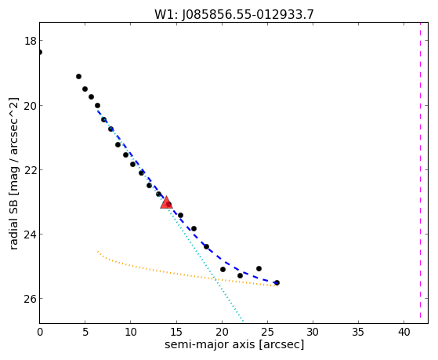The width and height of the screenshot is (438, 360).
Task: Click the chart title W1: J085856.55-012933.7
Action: click(234, 14)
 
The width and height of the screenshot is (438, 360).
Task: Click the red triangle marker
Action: click(166, 203)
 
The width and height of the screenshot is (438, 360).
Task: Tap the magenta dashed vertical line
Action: click(420, 170)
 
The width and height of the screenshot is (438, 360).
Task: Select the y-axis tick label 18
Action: click(31, 41)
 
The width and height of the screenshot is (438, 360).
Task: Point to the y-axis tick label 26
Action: click(31, 299)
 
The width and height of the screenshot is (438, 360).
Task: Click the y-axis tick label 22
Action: click(31, 170)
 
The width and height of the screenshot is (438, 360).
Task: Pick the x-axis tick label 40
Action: click(404, 332)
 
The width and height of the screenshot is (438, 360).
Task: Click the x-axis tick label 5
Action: click(85, 332)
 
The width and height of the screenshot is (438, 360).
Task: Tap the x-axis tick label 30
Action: click(313, 332)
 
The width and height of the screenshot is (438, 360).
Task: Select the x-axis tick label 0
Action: click(40, 332)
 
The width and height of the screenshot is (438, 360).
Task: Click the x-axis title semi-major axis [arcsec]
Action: click(234, 344)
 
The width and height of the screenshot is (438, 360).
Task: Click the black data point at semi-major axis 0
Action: click(40, 52)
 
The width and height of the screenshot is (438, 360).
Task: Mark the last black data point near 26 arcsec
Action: click(277, 283)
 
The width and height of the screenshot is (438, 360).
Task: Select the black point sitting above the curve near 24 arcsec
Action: click(259, 268)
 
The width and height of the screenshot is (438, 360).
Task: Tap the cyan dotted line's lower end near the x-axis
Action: click(244, 321)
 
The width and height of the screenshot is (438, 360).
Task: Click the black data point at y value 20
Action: click(97, 105)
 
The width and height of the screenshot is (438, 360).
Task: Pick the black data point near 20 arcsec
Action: click(223, 269)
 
